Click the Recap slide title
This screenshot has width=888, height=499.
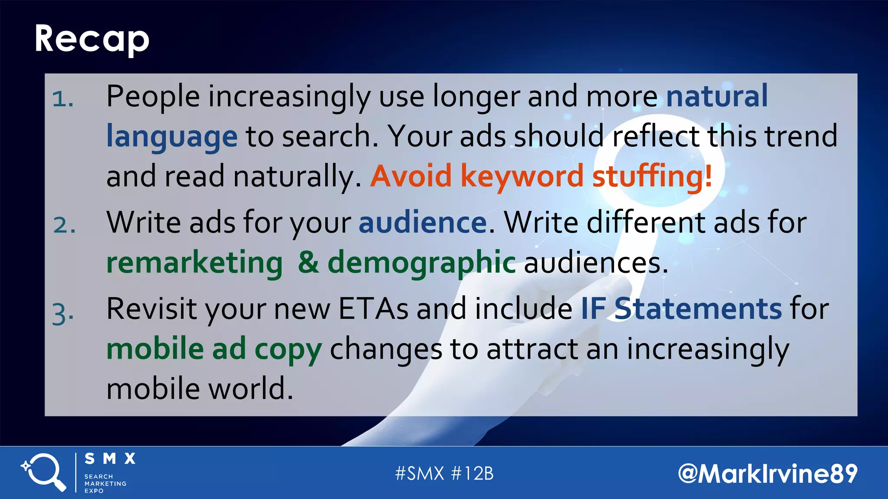pyautogui.click(x=92, y=39)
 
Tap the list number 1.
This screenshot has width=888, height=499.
pyautogui.click(x=62, y=99)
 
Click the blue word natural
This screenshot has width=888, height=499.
pyautogui.click(x=716, y=96)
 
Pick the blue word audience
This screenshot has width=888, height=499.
pyautogui.click(x=423, y=223)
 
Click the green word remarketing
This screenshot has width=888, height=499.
pyautogui.click(x=195, y=263)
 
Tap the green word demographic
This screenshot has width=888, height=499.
pyautogui.click(x=421, y=263)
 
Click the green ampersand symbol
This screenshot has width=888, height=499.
pyautogui.click(x=308, y=262)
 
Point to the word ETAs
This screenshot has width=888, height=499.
pyautogui.click(x=373, y=308)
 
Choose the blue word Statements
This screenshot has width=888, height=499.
pyautogui.click(x=698, y=308)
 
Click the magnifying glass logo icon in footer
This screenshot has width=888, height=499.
pyautogui.click(x=43, y=472)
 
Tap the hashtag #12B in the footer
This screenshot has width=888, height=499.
pyautogui.click(x=472, y=473)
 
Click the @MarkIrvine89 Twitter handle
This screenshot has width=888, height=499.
pyautogui.click(x=767, y=473)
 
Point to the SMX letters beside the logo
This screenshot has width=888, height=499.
pyautogui.click(x=110, y=459)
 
